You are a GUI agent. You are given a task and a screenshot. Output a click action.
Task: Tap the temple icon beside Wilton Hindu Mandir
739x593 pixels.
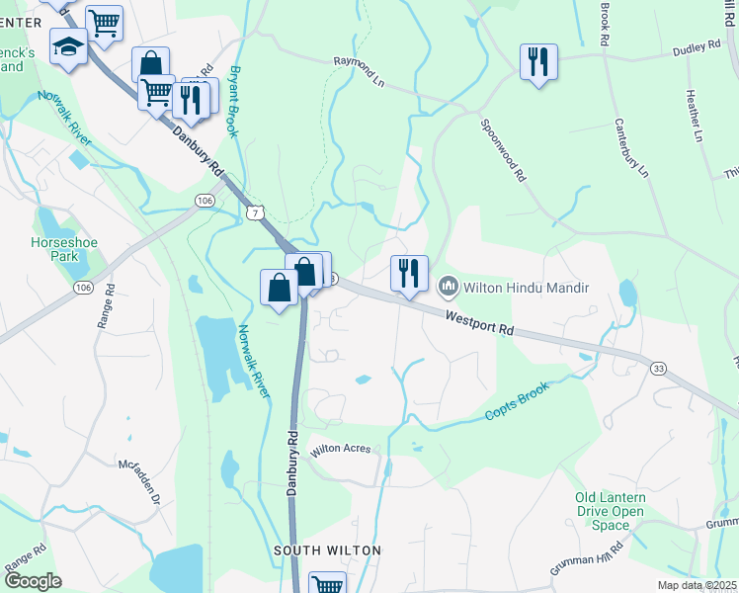tap(448, 288)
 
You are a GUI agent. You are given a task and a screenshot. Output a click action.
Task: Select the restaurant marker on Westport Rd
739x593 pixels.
tap(408, 273)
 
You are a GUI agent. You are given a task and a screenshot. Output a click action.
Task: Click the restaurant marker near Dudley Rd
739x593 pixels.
tap(538, 61)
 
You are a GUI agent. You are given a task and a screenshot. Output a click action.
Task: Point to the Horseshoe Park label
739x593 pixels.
tap(53, 249)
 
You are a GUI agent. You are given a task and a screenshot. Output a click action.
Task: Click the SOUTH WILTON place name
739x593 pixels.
tap(327, 550)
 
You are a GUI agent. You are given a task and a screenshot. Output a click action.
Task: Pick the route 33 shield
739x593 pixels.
tap(658, 368)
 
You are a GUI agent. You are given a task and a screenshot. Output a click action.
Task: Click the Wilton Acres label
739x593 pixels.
tap(341, 449)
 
